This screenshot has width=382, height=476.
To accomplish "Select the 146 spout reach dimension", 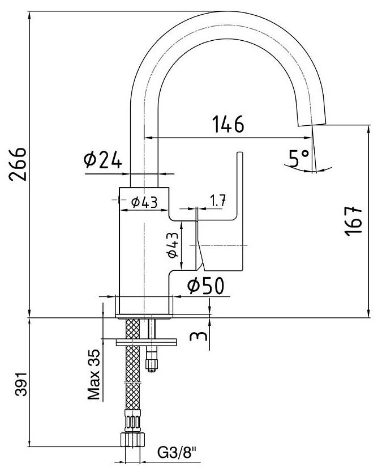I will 228,124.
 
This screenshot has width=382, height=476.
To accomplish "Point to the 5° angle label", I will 299,159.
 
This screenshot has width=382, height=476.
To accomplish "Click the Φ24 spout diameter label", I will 103,161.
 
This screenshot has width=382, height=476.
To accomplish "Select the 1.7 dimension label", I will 218,200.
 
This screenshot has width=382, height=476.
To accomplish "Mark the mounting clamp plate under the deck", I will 145,342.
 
